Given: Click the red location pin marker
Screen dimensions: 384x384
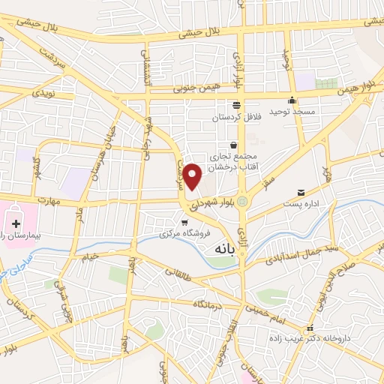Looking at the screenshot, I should [193, 175].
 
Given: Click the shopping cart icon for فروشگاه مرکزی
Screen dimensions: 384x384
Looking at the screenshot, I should [184, 222].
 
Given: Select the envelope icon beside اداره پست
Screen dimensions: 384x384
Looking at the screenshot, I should [301, 193].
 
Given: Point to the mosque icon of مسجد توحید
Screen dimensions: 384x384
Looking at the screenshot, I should [292, 100].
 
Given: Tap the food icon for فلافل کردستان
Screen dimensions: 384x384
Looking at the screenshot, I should [237, 105].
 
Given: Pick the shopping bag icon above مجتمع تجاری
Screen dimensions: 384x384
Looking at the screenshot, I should [234, 144].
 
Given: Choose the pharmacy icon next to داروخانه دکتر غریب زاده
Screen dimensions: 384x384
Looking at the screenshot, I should [309, 328].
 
